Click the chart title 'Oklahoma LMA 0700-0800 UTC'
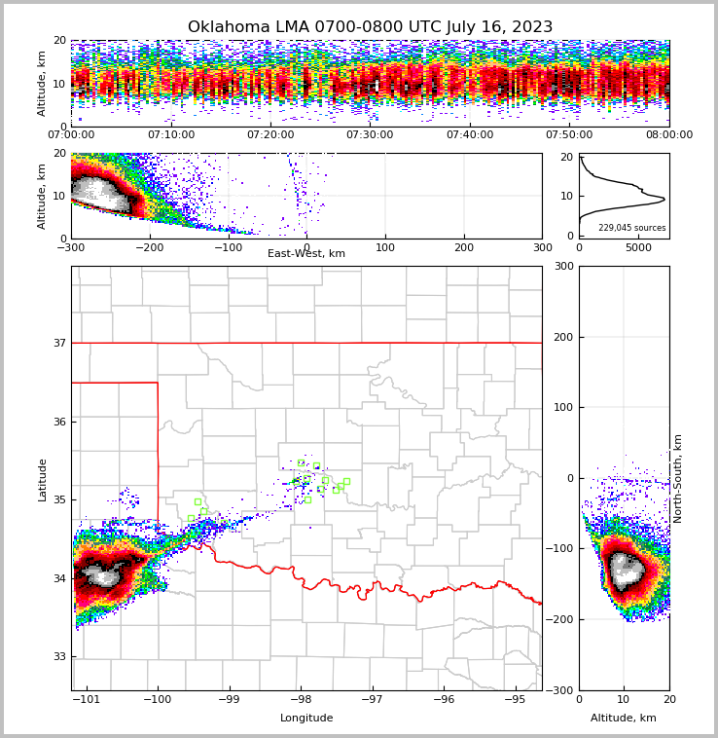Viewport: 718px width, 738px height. [x=370, y=27]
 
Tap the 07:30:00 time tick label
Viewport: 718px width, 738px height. [x=370, y=135]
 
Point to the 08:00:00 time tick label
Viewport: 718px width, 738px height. [x=668, y=135]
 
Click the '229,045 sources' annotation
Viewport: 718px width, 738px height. [x=632, y=228]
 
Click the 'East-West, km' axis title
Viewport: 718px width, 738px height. [x=306, y=254]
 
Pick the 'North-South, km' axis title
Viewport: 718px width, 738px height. [x=678, y=478]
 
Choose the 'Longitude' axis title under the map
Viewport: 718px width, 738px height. [x=306, y=719]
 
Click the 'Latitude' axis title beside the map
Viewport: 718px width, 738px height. [x=43, y=479]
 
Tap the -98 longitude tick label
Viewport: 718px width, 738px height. [x=300, y=699]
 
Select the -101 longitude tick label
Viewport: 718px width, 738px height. [x=88, y=699]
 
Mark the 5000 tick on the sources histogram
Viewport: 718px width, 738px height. [x=638, y=248]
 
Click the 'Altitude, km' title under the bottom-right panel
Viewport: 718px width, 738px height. [x=624, y=719]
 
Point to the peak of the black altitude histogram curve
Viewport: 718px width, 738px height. [x=664, y=200]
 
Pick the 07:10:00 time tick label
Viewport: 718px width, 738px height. [x=170, y=135]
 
